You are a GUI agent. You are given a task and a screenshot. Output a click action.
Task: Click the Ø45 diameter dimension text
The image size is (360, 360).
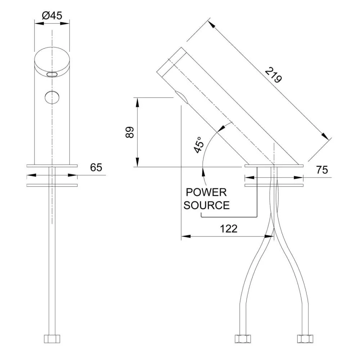[x=52, y=15]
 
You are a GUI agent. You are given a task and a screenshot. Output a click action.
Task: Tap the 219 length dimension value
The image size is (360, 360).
[x=273, y=75]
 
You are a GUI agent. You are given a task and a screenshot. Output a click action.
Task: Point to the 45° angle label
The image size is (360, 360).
[x=199, y=145]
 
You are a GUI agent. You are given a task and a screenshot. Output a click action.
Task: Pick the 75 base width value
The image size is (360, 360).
[x=323, y=170]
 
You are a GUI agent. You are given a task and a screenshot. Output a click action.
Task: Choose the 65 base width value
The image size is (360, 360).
[x=96, y=167]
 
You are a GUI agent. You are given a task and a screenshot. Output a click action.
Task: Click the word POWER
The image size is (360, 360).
[x=206, y=192]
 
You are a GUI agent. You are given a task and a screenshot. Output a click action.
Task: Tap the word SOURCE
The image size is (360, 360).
[x=207, y=205]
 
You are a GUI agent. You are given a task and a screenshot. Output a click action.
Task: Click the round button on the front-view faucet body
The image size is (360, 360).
[x=52, y=97]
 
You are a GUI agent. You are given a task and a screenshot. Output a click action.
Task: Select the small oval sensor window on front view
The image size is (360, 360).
[x=52, y=74]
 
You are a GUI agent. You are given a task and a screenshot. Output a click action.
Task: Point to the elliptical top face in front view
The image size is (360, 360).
[x=52, y=59]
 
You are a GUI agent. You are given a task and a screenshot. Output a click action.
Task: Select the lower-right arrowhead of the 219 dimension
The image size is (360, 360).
[x=326, y=136]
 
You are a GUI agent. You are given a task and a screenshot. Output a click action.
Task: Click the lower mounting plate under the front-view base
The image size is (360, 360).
[x=52, y=186]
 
